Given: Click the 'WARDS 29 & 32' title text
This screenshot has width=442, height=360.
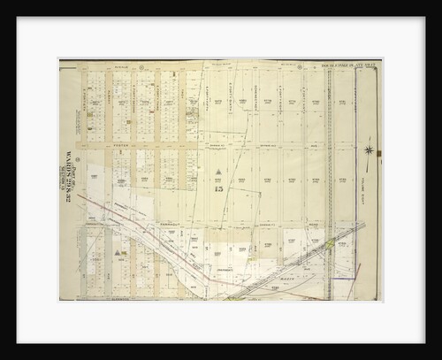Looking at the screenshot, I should point(68,182).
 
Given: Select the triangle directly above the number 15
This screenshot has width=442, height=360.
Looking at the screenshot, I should point(219,172).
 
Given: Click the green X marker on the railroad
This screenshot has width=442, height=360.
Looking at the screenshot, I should point(328,241).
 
